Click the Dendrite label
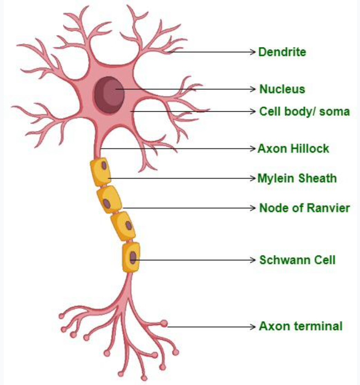click(x=282, y=52)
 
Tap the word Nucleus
click(x=282, y=89)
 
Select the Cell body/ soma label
click(x=304, y=112)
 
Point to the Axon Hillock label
click(x=293, y=149)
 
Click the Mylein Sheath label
click(x=297, y=178)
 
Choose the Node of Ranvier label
click(x=304, y=208)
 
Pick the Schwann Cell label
click(x=297, y=260)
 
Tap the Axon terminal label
click(x=301, y=326)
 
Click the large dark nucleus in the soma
click(x=110, y=95)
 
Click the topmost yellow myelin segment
click(x=101, y=172)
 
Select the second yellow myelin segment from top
click(x=109, y=199)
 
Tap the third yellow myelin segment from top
click(x=123, y=226)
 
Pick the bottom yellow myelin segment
click(x=131, y=257)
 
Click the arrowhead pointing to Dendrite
click(x=253, y=52)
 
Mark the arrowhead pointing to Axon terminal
click(x=253, y=327)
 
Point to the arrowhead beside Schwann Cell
click(x=253, y=260)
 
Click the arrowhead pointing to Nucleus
click(x=253, y=89)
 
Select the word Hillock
click(x=310, y=149)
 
